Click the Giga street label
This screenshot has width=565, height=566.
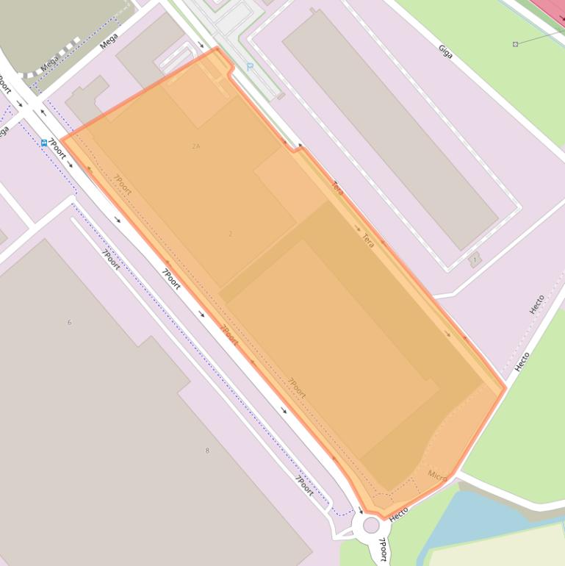445,51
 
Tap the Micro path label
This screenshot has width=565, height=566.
437,476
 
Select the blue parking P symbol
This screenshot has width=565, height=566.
250,67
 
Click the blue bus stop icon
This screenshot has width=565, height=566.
44,143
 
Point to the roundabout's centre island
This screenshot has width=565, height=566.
371,525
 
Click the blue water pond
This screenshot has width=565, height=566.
470,515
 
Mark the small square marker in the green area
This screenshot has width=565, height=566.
515,44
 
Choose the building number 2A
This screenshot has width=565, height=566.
196,146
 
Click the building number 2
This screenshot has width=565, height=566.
230,234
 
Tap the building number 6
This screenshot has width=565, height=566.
69,322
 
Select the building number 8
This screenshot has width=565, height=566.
206,451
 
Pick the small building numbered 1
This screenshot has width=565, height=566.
475,259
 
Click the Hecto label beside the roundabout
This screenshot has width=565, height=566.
399,515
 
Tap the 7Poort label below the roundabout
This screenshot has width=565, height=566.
382,550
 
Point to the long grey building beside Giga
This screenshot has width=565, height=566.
389,129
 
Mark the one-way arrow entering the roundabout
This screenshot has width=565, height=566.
359,509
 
